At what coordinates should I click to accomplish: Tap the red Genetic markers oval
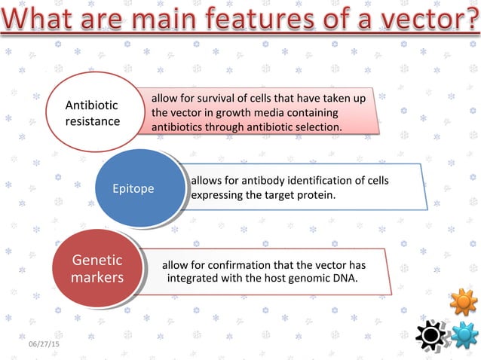[97, 269]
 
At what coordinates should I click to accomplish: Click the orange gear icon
[463, 302]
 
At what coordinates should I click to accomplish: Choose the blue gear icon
[464, 334]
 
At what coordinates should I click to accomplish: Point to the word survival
[212, 99]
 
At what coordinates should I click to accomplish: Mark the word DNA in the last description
[345, 279]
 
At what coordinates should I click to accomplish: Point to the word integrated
[193, 279]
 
